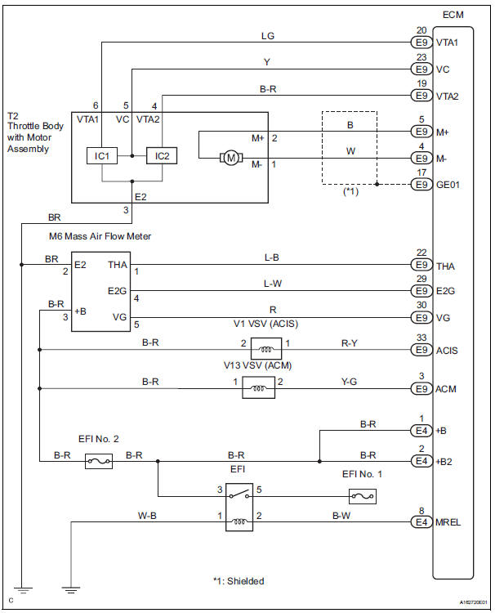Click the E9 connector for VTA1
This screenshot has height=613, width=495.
421,42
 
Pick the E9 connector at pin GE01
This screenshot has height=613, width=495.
421,185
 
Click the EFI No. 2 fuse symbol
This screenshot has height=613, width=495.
99,461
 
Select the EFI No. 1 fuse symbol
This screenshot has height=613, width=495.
361,495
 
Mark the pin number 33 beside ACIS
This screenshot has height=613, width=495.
421,338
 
